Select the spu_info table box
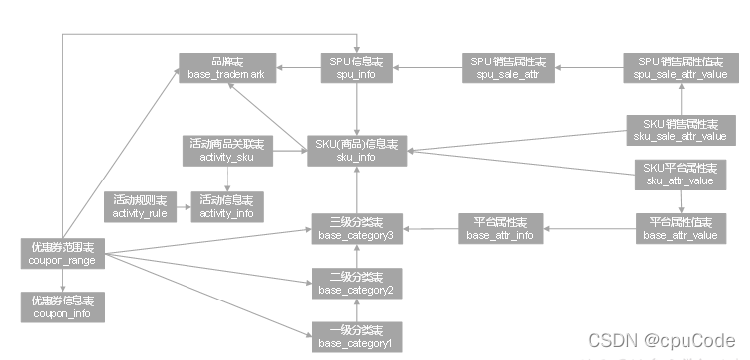(x=353, y=67)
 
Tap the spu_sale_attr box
(x=506, y=67)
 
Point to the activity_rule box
(x=140, y=206)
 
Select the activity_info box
(x=227, y=206)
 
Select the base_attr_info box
(x=500, y=228)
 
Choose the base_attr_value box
(x=680, y=228)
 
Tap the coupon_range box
(x=62, y=252)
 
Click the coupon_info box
(x=62, y=305)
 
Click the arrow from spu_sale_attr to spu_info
(x=422, y=67)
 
